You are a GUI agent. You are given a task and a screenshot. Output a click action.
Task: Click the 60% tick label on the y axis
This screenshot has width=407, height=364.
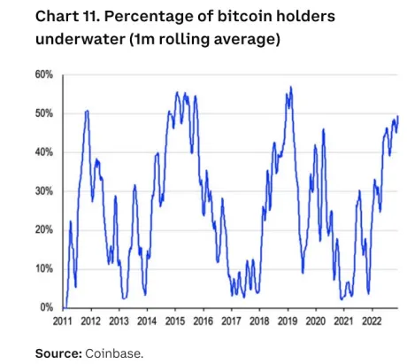click(44, 75)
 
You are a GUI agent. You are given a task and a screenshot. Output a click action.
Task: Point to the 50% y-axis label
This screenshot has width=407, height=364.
click(44, 113)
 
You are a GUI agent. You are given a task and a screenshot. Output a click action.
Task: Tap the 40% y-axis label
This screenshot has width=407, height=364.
click(44, 152)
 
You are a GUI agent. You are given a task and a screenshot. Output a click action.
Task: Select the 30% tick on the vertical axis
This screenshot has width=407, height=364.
click(44, 191)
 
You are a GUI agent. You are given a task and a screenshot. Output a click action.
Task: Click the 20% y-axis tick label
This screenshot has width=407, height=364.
click(44, 229)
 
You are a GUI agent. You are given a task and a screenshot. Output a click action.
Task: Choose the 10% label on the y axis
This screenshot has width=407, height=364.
click(44, 268)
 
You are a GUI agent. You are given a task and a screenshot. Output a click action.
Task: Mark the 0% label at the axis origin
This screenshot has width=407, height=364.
click(47, 307)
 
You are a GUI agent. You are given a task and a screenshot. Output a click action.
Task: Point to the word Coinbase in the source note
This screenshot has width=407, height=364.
click(113, 353)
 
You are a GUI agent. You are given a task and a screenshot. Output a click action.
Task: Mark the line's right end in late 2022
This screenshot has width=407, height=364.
click(397, 116)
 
